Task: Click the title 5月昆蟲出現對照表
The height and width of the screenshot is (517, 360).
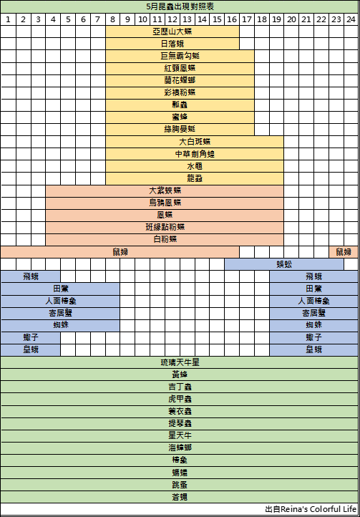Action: [x=180, y=6]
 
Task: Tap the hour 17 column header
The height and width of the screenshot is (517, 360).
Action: [x=247, y=19]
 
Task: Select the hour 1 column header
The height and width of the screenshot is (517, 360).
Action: [x=9, y=19]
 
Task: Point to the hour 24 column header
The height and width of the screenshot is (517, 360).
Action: [x=351, y=19]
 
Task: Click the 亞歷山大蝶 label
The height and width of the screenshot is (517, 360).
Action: [x=172, y=32]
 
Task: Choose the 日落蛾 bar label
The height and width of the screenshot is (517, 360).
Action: [x=172, y=44]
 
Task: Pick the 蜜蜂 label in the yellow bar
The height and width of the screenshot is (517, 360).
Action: [x=180, y=117]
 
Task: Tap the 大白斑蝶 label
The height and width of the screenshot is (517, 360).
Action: [x=195, y=142]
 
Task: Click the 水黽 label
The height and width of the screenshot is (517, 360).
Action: [x=195, y=166]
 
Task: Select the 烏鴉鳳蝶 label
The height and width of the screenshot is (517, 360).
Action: [x=165, y=203]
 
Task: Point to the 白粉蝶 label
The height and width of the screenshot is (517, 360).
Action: [x=165, y=239]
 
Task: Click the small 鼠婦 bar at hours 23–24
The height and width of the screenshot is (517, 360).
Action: [x=344, y=252]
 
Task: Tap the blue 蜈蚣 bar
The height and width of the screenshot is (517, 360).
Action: [x=284, y=264]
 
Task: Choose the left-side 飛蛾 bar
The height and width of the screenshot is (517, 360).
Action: [x=31, y=276]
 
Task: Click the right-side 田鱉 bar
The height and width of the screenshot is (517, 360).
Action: [x=314, y=289]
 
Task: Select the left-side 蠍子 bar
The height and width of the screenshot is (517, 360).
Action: [x=31, y=338]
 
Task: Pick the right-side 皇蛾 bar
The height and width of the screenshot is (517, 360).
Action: [x=314, y=349]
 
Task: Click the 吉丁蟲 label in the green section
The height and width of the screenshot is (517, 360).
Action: [x=180, y=387]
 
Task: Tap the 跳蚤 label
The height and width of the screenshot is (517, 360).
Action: [x=180, y=485]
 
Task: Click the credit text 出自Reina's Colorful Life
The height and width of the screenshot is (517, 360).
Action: [x=311, y=509]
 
